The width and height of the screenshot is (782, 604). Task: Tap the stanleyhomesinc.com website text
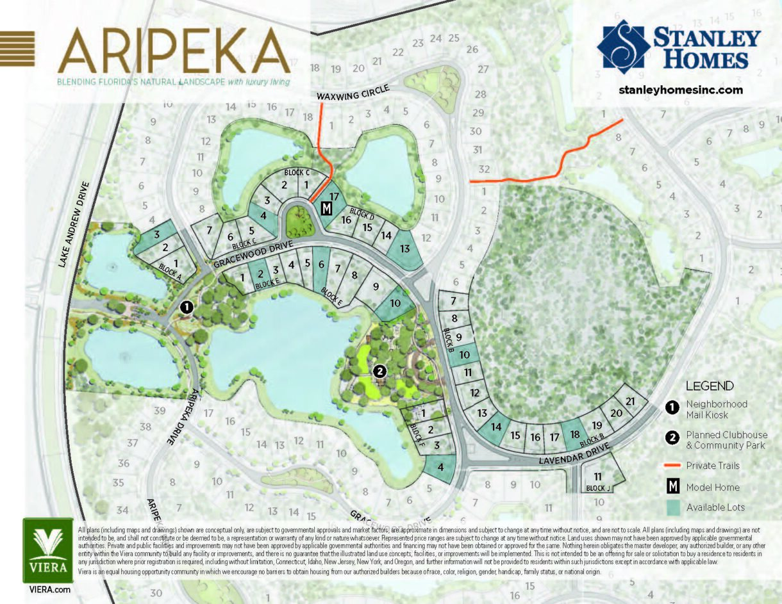click(681, 90)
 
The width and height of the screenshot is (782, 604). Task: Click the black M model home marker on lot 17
click(326, 209)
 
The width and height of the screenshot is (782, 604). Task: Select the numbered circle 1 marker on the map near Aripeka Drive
click(187, 307)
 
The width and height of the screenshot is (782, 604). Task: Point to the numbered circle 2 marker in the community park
click(379, 371)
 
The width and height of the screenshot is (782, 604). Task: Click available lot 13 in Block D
click(404, 249)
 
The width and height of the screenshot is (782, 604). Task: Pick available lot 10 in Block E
click(395, 304)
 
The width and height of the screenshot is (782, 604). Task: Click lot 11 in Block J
click(598, 477)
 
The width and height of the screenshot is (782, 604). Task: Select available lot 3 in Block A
click(156, 235)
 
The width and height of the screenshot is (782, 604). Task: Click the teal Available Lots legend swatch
click(673, 507)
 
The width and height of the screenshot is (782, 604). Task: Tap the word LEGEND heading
click(710, 386)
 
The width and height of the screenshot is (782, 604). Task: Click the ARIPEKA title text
click(173, 51)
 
